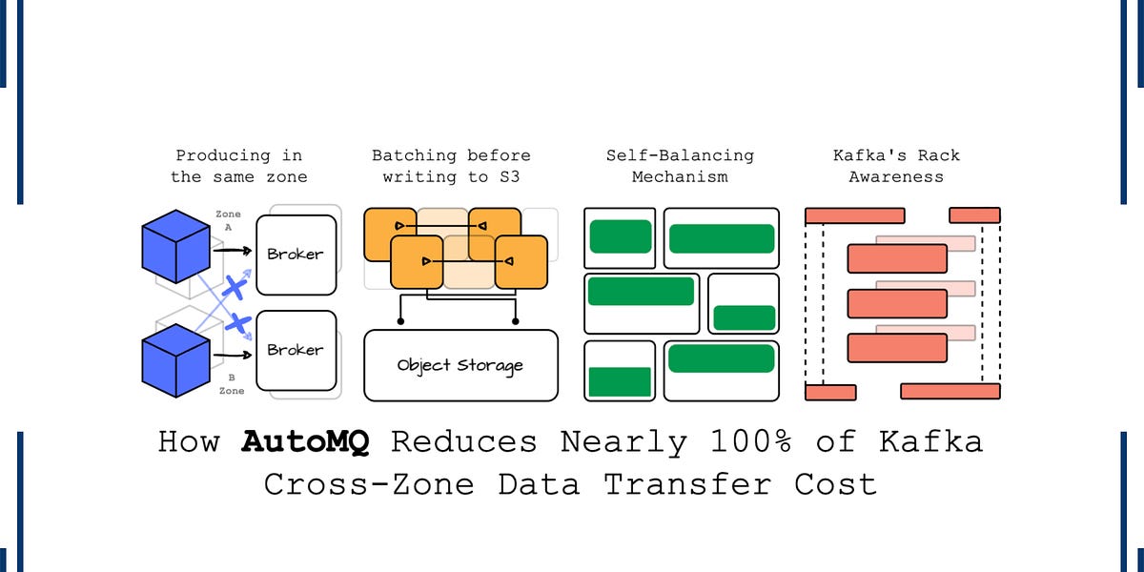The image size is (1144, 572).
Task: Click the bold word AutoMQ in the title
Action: tap(306, 442)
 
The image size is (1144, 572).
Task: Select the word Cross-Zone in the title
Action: tap(369, 483)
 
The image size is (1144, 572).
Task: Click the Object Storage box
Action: tap(460, 365)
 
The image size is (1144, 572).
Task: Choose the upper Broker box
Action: tap(296, 255)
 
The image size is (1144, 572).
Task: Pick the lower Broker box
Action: tap(296, 350)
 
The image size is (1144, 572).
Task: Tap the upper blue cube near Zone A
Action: tap(175, 246)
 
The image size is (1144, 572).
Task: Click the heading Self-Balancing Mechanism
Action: tap(680, 166)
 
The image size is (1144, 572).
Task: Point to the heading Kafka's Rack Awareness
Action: tap(896, 166)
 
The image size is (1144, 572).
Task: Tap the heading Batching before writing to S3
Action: tap(451, 166)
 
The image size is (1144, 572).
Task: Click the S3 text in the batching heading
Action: tap(507, 176)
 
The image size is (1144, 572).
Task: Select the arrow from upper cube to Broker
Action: tap(232, 251)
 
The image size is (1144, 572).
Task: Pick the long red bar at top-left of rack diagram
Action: tap(854, 215)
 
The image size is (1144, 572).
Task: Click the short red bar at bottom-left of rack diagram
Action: tap(830, 392)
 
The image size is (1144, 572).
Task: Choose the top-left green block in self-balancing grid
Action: tap(621, 236)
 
